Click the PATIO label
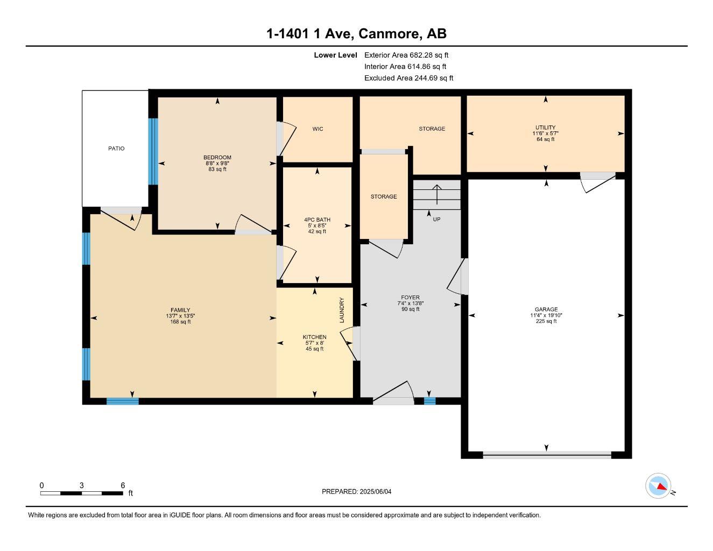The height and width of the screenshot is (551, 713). pyautogui.click(x=116, y=149)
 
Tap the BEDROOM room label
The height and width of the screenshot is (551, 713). pyautogui.click(x=217, y=158)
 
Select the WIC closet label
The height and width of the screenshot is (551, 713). pyautogui.click(x=317, y=129)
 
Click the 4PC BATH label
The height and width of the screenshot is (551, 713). pyautogui.click(x=317, y=220)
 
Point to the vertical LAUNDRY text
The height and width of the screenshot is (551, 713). pyautogui.click(x=342, y=310)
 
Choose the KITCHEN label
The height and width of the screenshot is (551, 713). pyautogui.click(x=314, y=337)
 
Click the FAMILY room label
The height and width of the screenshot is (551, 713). pyautogui.click(x=180, y=310)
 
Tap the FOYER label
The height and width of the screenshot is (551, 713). pyautogui.click(x=410, y=298)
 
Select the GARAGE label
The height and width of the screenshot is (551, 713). pyautogui.click(x=546, y=309)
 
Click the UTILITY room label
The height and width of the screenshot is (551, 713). pyautogui.click(x=545, y=128)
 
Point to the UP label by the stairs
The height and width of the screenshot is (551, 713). pyautogui.click(x=436, y=220)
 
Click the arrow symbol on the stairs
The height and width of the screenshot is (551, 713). pyautogui.click(x=436, y=194)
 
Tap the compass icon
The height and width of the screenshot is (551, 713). pyautogui.click(x=658, y=486)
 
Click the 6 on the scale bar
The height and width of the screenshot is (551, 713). pyautogui.click(x=123, y=485)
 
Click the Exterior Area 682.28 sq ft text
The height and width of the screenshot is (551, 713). pyautogui.click(x=406, y=55)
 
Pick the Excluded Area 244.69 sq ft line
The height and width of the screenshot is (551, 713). pyautogui.click(x=408, y=78)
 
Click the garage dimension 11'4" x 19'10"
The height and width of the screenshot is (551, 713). pyautogui.click(x=546, y=315)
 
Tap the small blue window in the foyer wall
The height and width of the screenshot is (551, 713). pyautogui.click(x=429, y=401)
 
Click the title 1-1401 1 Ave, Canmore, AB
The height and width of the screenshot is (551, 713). pyautogui.click(x=356, y=34)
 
